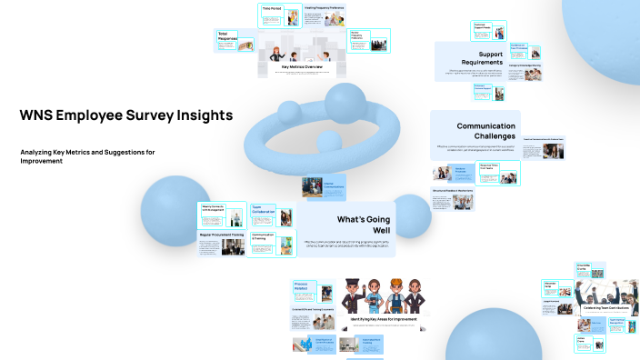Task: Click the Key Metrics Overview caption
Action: point(302,67)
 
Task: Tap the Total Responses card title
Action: point(227,37)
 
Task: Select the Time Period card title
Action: point(272,8)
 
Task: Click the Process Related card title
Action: point(303,286)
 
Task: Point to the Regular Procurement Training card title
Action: point(222,235)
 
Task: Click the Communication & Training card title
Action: point(263,237)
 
